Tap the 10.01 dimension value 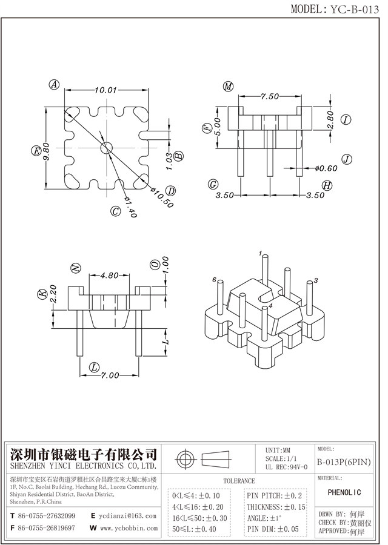[x=105, y=90]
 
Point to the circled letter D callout [x=171, y=191]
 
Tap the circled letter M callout [x=228, y=87]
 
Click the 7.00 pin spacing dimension [x=110, y=375]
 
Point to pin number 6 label [x=215, y=280]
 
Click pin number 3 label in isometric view [x=316, y=281]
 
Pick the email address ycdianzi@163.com [x=128, y=516]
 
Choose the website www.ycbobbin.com [x=128, y=528]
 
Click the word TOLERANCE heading [x=239, y=481]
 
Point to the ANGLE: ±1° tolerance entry [x=264, y=518]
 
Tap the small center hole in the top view [x=106, y=147]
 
